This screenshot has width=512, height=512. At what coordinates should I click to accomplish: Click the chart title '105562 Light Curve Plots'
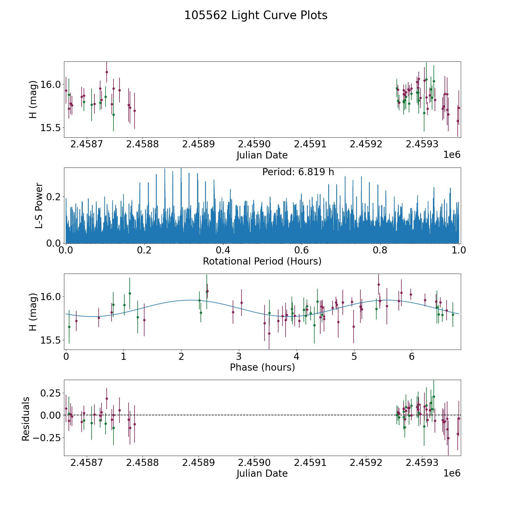pos(256,15)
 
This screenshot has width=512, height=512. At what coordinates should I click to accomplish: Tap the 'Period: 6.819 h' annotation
pos(298,172)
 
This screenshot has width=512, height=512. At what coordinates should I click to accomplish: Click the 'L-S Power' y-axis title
pos(39,205)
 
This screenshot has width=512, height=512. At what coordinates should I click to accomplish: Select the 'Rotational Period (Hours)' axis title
pos(262,261)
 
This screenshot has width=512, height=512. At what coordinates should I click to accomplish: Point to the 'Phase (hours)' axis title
pos(262,367)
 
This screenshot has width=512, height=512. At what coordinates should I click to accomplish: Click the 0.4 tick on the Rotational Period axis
pos(223,250)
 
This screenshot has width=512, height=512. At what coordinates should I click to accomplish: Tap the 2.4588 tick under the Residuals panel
pos(142,463)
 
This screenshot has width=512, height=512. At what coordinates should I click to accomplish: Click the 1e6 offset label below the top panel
pos(452,155)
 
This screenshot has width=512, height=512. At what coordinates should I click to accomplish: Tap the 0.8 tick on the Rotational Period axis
pos(380,250)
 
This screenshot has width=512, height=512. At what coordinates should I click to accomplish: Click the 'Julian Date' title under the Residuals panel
pos(262,474)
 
